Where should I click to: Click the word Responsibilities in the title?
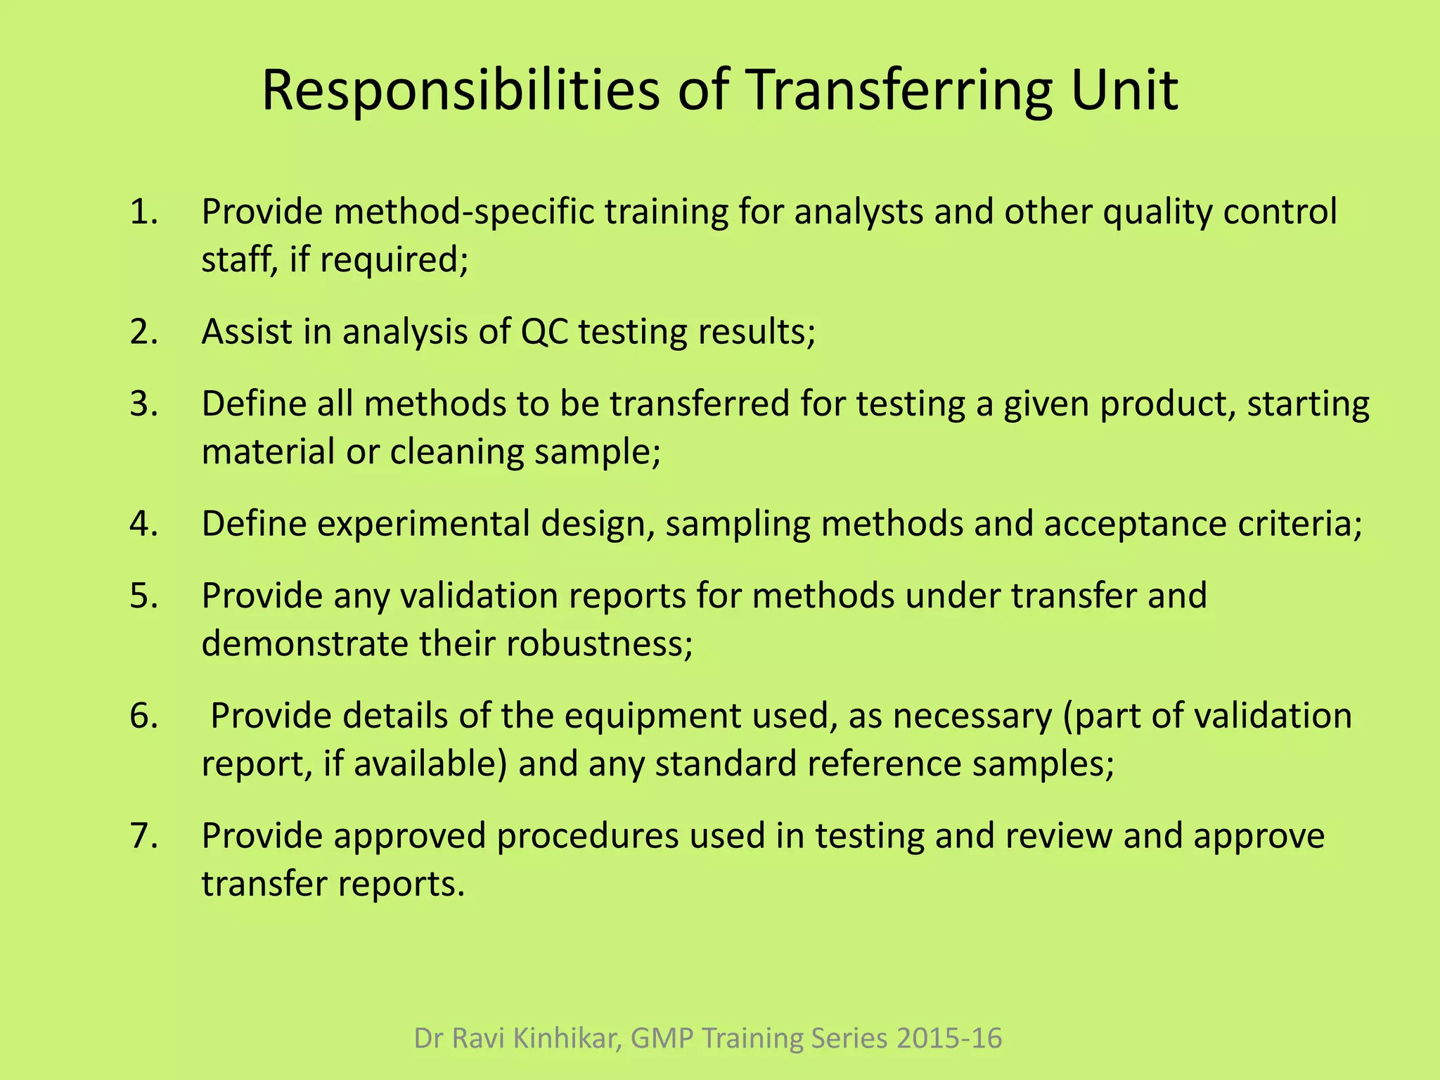click(461, 91)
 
